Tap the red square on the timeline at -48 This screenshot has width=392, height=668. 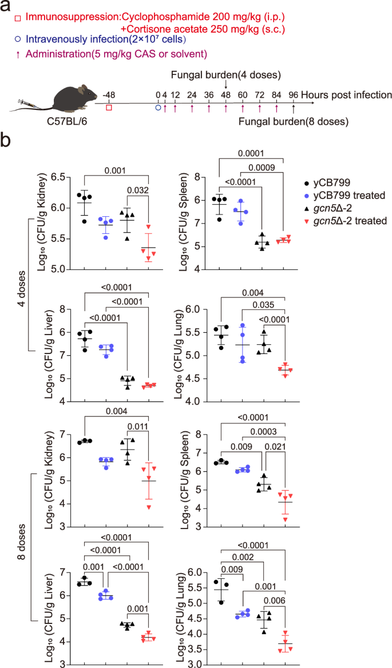click(x=109, y=107)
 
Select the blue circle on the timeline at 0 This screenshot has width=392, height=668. click(x=159, y=107)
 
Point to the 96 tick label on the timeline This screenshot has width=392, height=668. click(x=294, y=94)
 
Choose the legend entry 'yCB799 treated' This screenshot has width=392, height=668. click(x=345, y=196)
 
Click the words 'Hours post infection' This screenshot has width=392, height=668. click(x=346, y=94)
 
